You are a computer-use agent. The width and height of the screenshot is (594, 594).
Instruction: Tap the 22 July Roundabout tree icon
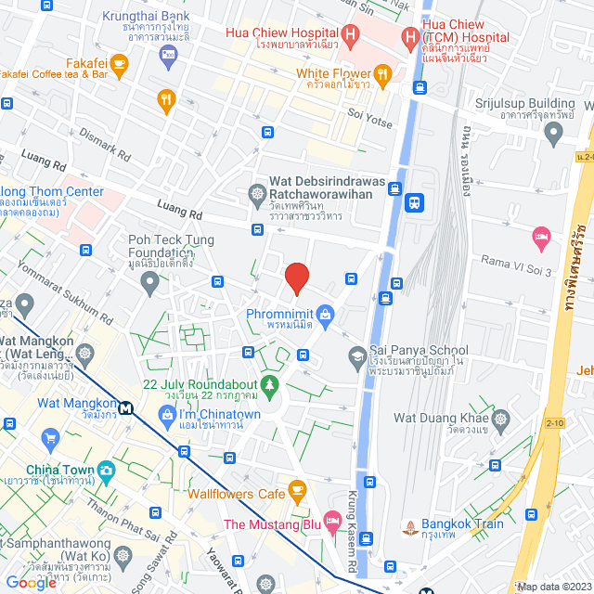(269, 383)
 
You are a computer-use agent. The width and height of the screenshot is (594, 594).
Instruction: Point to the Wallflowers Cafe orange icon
(297, 488)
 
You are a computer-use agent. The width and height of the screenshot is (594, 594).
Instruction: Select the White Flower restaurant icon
(382, 72)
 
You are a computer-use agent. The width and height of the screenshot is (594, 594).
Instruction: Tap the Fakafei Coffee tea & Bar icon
(118, 62)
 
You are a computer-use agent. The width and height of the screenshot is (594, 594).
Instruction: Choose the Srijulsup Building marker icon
(554, 135)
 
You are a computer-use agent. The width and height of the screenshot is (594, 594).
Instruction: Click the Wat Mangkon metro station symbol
(124, 405)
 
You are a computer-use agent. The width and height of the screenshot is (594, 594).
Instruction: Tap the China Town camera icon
(106, 470)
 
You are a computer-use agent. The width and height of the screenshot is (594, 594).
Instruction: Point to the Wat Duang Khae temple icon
(500, 419)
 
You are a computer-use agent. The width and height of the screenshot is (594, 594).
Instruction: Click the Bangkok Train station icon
(410, 530)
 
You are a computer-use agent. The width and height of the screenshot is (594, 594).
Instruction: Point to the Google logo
(32, 582)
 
